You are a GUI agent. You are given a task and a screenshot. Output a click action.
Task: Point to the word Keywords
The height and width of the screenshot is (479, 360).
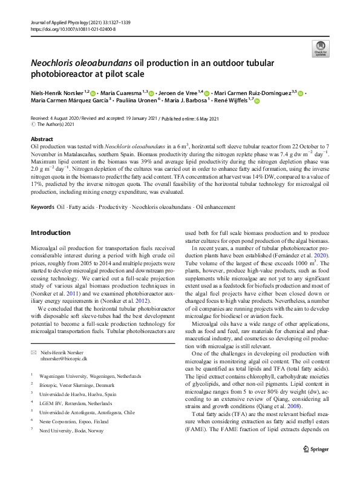[x=42, y=191]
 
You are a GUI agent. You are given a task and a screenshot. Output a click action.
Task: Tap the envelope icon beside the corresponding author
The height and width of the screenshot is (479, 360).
[x=34, y=352]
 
